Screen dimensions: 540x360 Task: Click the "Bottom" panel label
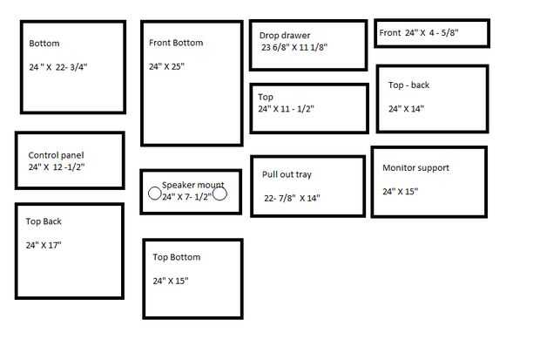click(44, 44)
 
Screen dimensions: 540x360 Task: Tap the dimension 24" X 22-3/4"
click(58, 67)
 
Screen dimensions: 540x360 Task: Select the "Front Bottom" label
click(176, 43)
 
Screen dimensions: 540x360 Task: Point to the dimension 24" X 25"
click(166, 66)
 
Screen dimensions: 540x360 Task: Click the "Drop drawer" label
click(285, 35)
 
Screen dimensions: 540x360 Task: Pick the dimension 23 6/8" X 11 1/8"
click(294, 47)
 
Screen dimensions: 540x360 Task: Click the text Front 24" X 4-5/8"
click(419, 33)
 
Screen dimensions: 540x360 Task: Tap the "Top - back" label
click(408, 85)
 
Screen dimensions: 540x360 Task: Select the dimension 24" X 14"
click(407, 109)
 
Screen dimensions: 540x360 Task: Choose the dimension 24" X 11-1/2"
click(287, 109)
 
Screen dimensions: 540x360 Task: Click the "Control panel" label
click(56, 155)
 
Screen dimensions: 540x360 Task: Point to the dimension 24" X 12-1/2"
click(57, 166)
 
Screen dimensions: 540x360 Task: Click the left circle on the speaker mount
click(155, 194)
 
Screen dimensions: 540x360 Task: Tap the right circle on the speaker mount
click(219, 194)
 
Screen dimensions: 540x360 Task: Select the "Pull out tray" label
click(287, 174)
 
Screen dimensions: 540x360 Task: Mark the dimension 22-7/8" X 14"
click(292, 198)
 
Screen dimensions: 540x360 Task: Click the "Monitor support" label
click(416, 168)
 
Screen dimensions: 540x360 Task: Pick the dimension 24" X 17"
click(44, 245)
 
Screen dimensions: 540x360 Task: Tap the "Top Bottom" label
click(177, 257)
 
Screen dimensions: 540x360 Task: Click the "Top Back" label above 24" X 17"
click(44, 221)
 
